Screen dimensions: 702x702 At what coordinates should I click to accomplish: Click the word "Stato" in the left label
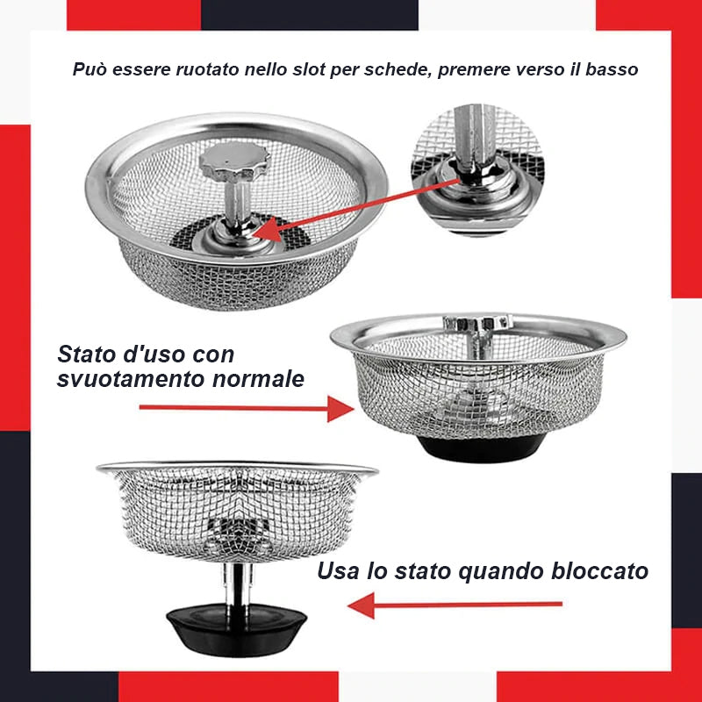coord(86,355)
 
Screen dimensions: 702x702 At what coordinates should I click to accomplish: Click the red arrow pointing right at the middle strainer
coord(246,407)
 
